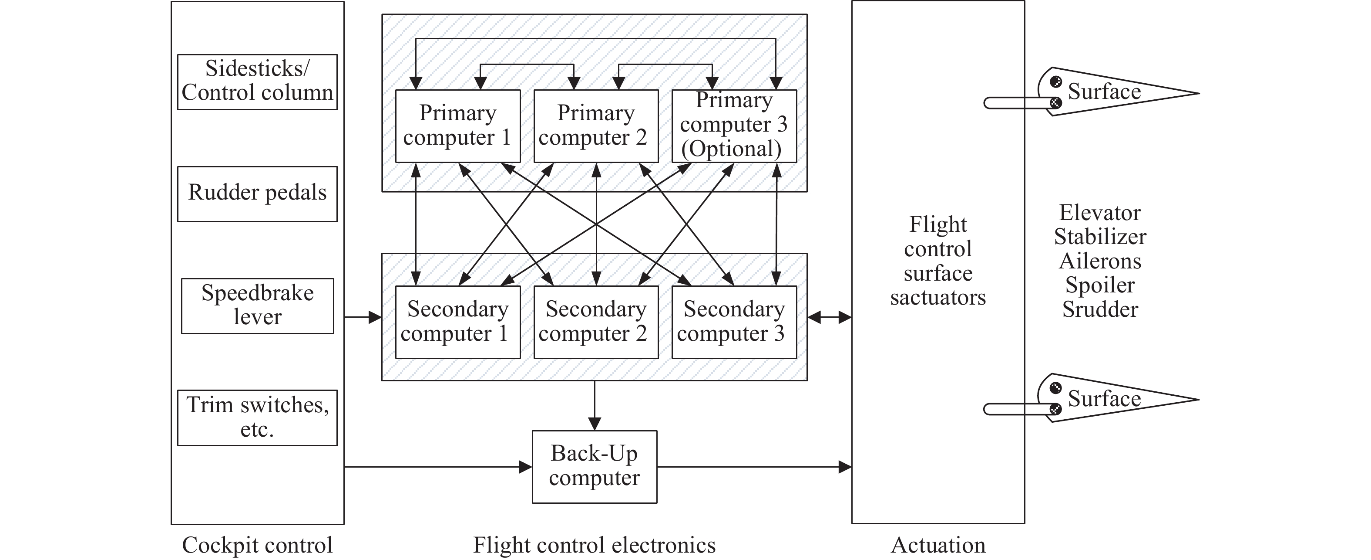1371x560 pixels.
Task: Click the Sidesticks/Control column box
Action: click(257, 82)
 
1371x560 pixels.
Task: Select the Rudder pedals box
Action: click(257, 194)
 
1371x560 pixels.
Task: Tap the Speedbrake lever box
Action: click(257, 306)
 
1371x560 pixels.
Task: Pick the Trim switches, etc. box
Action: click(257, 418)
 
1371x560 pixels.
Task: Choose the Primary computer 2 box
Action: click(595, 126)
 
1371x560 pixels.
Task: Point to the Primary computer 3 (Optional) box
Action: click(734, 126)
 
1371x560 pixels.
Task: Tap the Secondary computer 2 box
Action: click(595, 322)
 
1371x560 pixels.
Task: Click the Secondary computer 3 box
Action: click(734, 322)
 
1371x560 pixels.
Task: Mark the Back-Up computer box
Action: click(595, 467)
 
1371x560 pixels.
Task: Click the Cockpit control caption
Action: click(257, 545)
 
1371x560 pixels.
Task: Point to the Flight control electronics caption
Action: click(594, 545)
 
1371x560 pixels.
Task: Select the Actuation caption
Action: click(938, 545)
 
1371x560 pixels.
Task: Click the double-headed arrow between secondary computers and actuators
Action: click(829, 318)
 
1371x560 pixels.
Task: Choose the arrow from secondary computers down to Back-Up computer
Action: click(595, 405)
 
